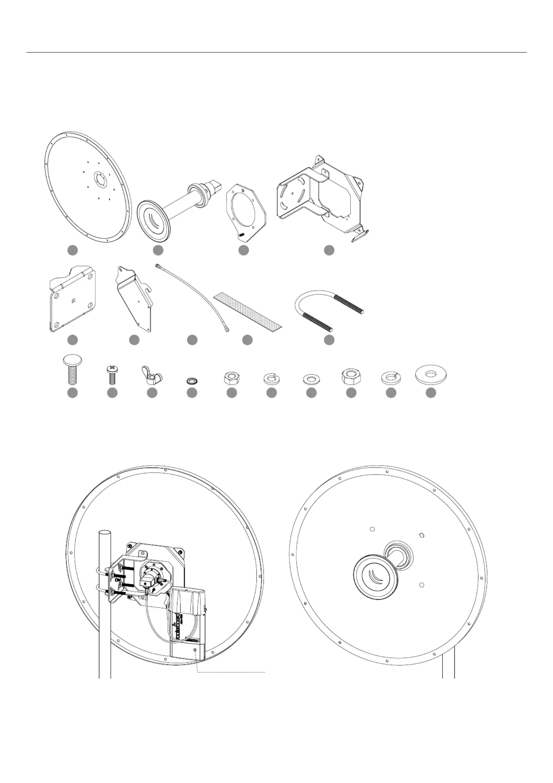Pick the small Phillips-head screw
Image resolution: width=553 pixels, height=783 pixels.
[112, 374]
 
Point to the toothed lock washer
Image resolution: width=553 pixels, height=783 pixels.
[192, 379]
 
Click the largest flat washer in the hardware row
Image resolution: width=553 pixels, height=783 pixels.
[431, 374]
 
